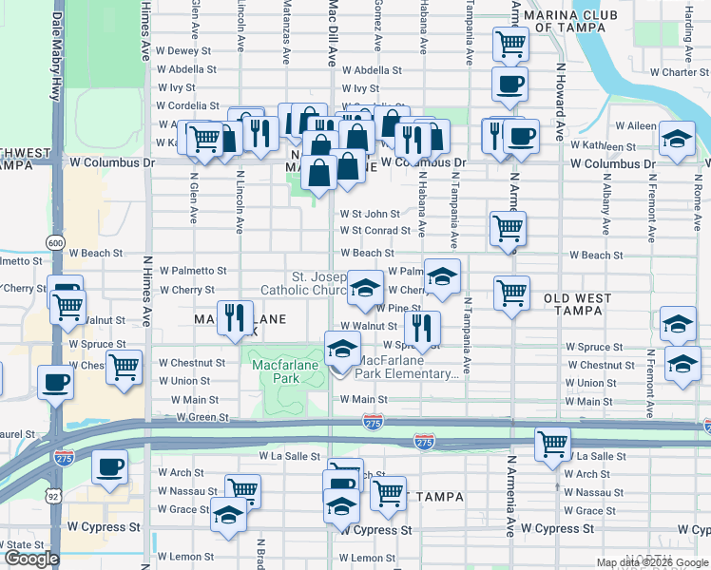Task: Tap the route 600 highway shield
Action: tap(57, 244)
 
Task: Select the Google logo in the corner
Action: tap(31, 559)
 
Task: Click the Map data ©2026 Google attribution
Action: tap(652, 562)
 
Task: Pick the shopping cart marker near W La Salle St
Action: tap(553, 443)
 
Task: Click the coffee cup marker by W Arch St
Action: tap(110, 467)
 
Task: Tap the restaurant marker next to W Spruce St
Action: tap(422, 328)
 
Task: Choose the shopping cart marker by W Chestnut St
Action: tap(124, 366)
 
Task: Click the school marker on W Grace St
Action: tap(227, 514)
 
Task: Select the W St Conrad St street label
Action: tap(376, 230)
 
